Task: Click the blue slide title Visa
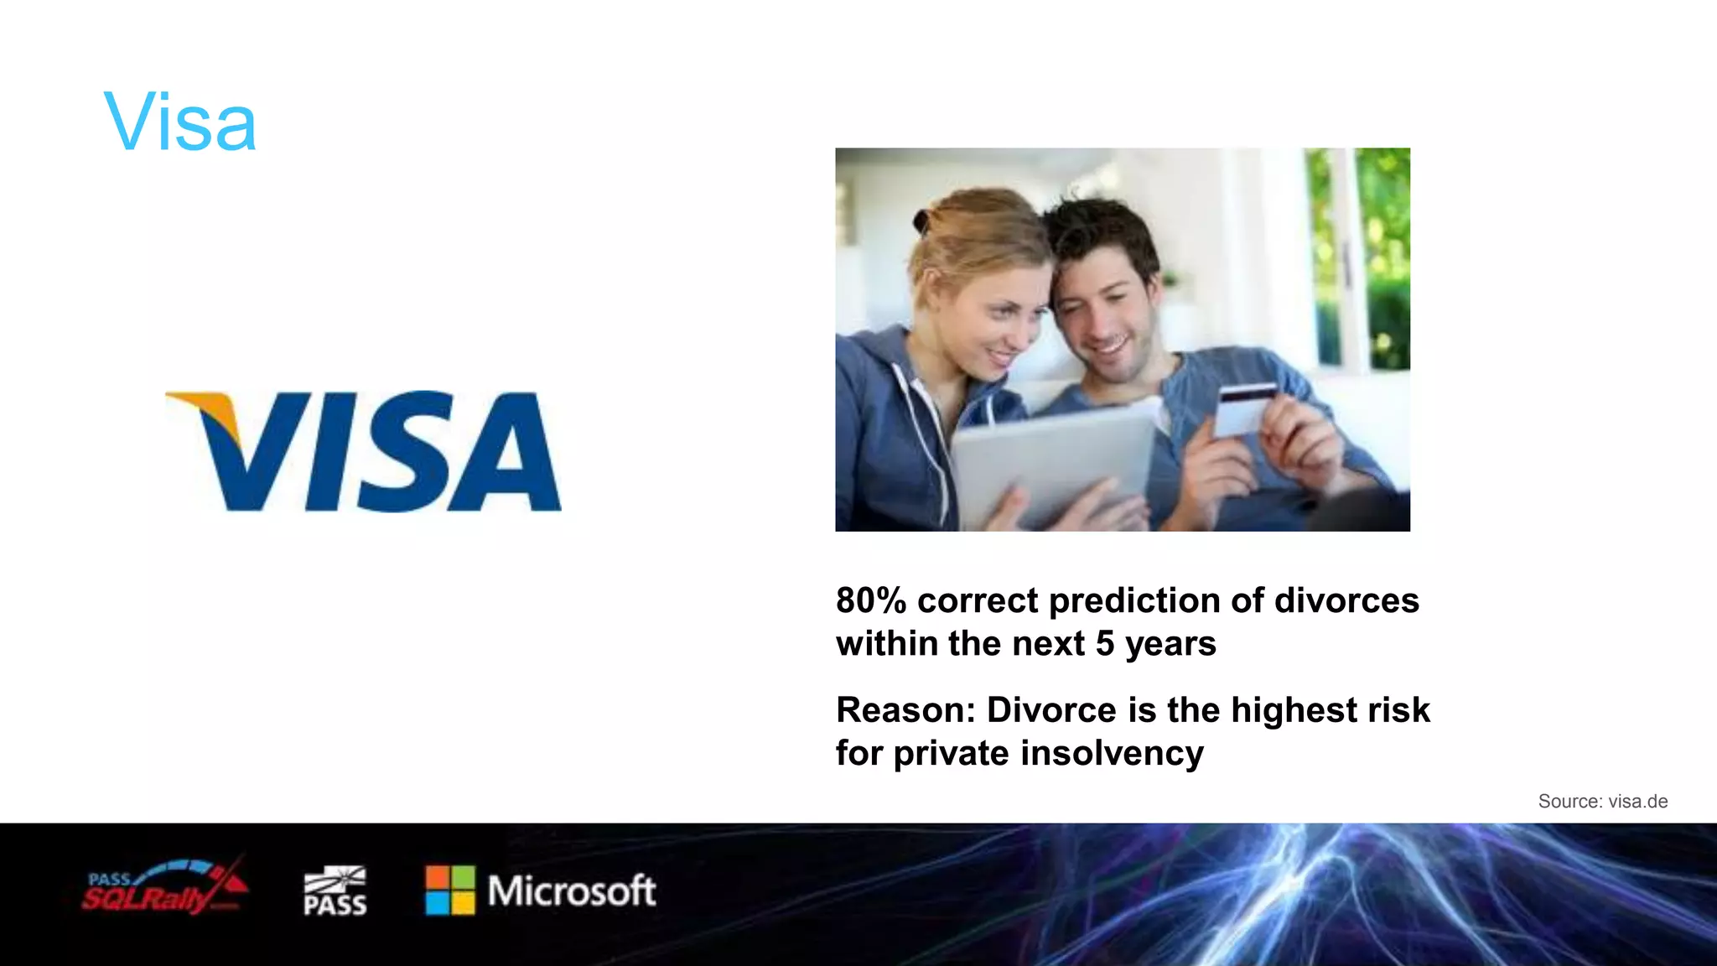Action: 179,123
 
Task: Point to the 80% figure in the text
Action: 871,600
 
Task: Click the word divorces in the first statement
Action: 1346,600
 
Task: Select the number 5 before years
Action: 1105,644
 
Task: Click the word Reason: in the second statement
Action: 905,710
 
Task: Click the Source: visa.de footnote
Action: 1602,802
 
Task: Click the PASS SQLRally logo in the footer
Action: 164,889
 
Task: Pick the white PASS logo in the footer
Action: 335,891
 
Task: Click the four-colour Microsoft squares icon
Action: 450,891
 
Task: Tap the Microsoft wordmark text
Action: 572,891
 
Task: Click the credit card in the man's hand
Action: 1244,408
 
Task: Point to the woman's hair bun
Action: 922,221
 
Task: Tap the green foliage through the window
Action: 1383,235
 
